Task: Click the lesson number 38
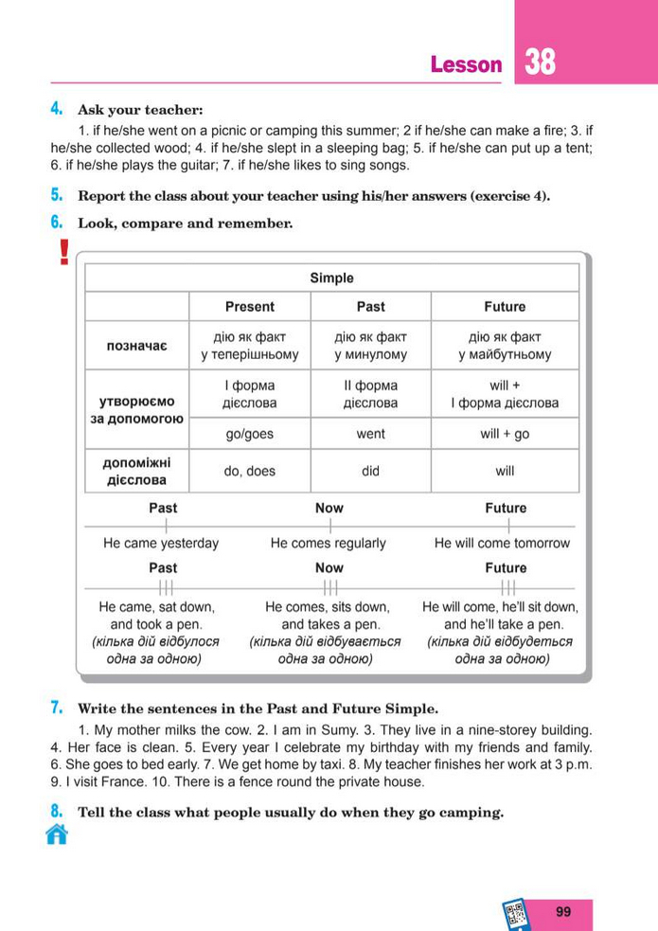pos(540,63)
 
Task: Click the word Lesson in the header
pos(466,64)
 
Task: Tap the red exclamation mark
pos(63,252)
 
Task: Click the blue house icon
pos(57,834)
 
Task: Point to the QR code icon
pos(516,914)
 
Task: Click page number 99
pos(564,912)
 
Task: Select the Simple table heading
pos(331,278)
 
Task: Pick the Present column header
pos(250,307)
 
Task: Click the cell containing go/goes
pos(250,434)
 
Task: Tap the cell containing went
pos(370,434)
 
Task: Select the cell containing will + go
pos(505,434)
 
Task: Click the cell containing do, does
pos(250,471)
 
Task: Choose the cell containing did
pos(370,471)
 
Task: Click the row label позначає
pos(137,346)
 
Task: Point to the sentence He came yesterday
pos(161,544)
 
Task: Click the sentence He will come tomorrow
pos(502,544)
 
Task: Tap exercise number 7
pos(57,707)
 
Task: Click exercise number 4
pos(57,109)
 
